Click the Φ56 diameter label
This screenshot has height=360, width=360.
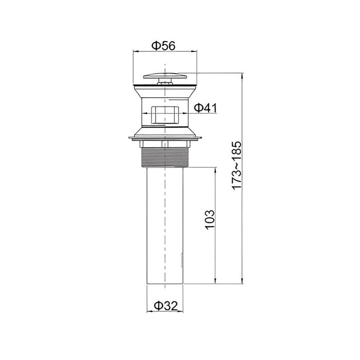click(164, 45)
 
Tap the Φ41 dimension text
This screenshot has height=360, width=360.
click(206, 108)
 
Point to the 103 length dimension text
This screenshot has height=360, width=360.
click(209, 219)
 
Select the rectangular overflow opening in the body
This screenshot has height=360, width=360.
click(166, 116)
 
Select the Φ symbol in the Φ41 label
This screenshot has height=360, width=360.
click(199, 108)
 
